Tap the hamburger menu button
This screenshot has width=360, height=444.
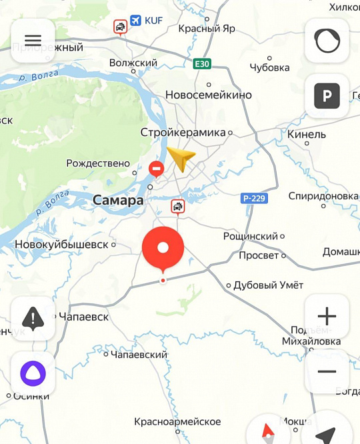(33, 40)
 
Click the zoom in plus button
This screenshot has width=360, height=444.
(327, 316)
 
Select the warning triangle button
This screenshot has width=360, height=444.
(33, 319)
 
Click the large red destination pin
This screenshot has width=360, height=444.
(163, 247)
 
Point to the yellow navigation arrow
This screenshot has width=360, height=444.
(181, 159)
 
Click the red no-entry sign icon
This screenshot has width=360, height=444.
(156, 169)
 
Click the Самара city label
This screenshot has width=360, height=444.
(118, 200)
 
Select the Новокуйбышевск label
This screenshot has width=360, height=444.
(61, 244)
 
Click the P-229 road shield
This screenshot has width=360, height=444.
(253, 199)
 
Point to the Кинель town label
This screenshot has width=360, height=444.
(307, 134)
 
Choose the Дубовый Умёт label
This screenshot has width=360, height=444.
(268, 285)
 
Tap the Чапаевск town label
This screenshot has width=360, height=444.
(83, 317)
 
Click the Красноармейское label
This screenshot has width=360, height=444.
(177, 422)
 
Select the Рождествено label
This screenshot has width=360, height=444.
(98, 163)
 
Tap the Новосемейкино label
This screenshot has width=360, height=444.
(209, 95)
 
